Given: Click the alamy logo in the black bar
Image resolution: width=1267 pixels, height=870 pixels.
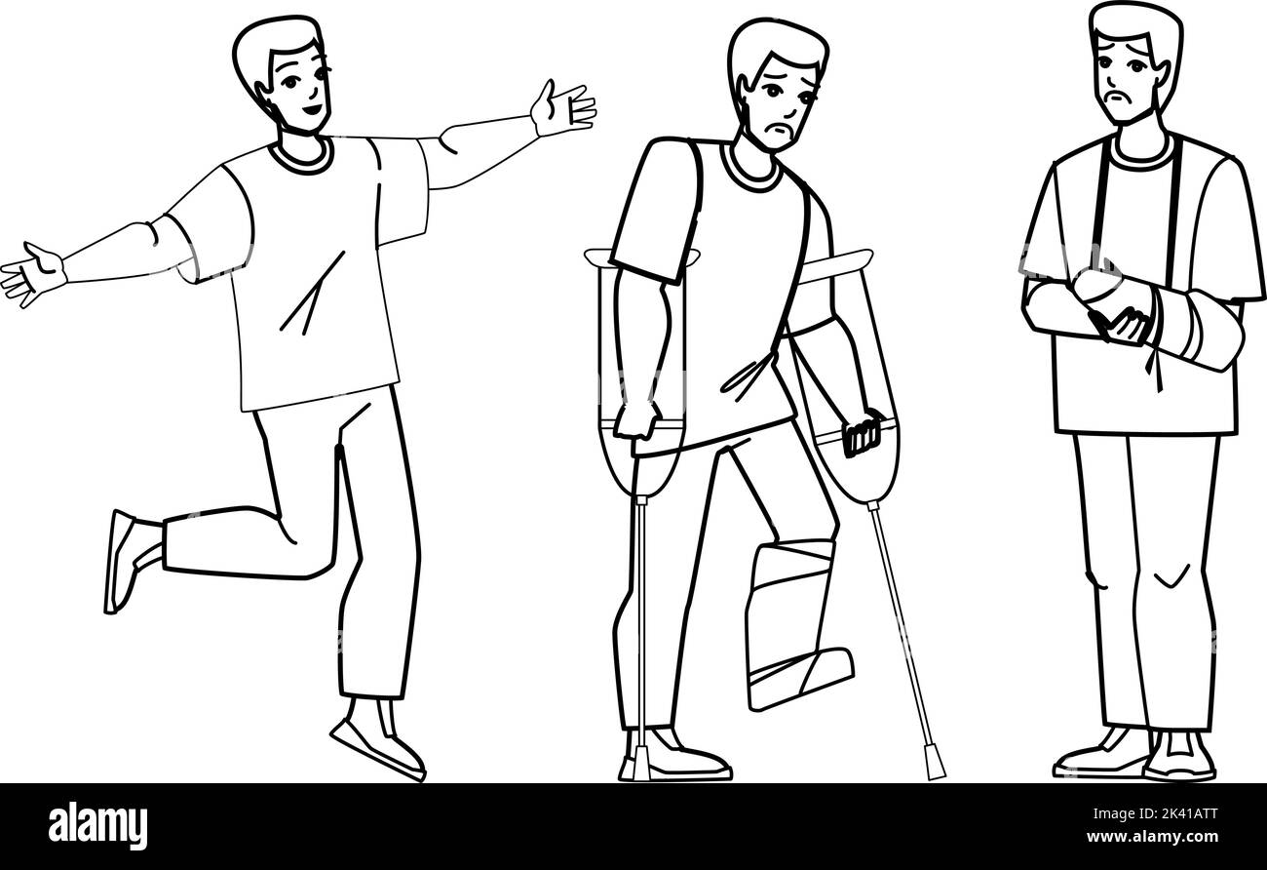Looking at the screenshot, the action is point(97,825).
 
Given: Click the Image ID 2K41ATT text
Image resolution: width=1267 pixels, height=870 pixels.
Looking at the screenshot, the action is point(1155,813).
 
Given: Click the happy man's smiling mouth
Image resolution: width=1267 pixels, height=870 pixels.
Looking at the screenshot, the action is point(311,108).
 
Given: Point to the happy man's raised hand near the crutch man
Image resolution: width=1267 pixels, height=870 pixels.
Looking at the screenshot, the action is point(562,108).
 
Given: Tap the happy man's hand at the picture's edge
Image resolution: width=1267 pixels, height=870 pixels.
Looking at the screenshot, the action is point(33,275).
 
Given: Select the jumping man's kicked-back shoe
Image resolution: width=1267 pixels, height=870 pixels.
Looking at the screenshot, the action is point(121,562).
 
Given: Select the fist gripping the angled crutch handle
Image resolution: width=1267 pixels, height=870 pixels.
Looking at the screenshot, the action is point(862,433).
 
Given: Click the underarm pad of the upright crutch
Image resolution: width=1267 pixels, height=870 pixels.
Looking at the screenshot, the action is point(642,257).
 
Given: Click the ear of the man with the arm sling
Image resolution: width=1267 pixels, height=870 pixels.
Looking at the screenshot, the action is point(1163,76).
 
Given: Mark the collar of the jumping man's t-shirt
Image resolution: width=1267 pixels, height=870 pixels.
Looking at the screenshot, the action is point(301,157).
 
